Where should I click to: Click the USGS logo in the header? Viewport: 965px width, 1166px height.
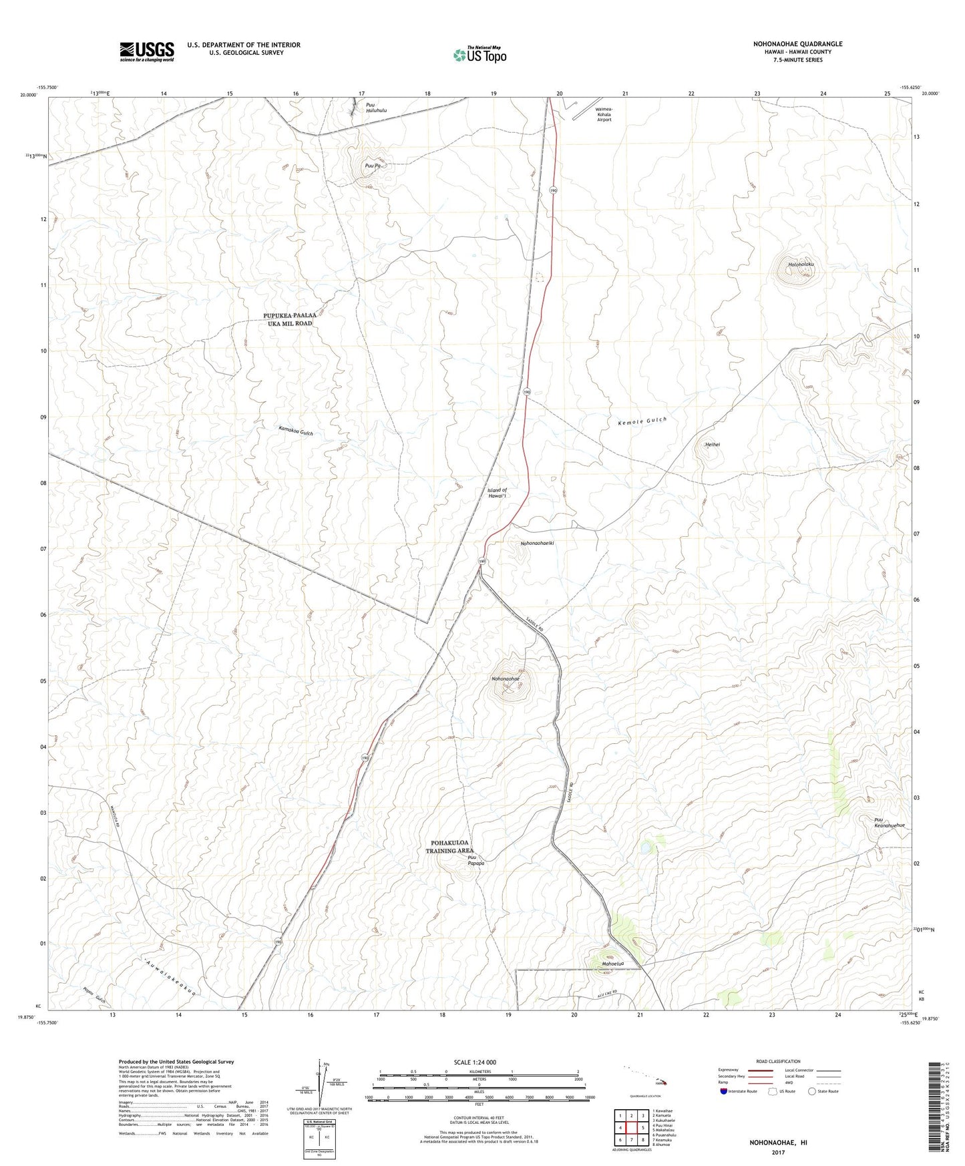(x=147, y=51)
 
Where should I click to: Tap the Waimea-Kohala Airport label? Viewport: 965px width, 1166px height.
(x=603, y=114)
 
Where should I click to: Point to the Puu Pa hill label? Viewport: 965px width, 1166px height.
(x=373, y=165)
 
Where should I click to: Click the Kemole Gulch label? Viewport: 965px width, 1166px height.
(x=642, y=422)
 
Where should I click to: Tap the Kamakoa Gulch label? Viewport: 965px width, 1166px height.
(x=296, y=431)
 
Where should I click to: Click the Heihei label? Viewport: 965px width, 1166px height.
(x=712, y=444)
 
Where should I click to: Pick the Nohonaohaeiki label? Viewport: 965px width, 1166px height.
(x=538, y=543)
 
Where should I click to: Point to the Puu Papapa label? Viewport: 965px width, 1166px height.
(x=476, y=860)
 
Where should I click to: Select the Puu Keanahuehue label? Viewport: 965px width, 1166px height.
(x=889, y=823)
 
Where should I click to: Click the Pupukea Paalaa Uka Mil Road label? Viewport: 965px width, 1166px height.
(x=288, y=319)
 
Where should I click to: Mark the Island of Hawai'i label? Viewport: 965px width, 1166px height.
(x=498, y=493)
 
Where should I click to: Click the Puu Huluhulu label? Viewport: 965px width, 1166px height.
(x=375, y=108)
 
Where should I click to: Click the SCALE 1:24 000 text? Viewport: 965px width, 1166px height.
(x=475, y=1062)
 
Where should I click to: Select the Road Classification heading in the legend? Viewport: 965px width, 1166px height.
(x=778, y=1061)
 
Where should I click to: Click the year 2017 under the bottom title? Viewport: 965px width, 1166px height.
(x=777, y=1153)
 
